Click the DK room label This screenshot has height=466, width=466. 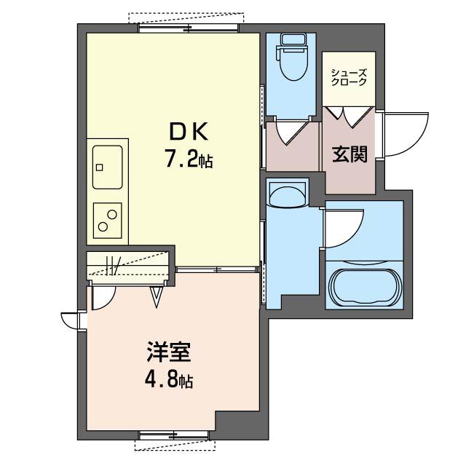(x=189, y=132)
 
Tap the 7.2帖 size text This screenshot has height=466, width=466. (x=189, y=161)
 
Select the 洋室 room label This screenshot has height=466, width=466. (x=168, y=352)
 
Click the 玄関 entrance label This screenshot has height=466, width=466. (x=349, y=154)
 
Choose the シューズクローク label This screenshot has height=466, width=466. (x=349, y=77)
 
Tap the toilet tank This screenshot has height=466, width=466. (x=292, y=39)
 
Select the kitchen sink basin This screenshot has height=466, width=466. (x=107, y=167)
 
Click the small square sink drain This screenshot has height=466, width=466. (x=99, y=167)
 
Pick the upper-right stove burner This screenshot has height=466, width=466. (x=112, y=214)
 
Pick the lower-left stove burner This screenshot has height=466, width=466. (x=103, y=227)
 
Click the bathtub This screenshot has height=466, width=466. (x=366, y=287)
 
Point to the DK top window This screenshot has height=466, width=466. (x=189, y=28)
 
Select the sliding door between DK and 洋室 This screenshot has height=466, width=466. (x=216, y=269)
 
